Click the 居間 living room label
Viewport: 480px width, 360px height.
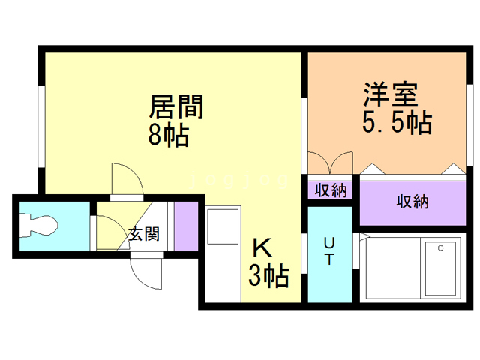pos(176,106)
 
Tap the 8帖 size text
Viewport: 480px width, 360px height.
pos(168,135)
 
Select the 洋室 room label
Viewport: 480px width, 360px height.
pos(391,94)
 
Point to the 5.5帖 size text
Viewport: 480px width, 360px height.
pos(397,121)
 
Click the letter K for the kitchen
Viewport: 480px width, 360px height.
pos(262,247)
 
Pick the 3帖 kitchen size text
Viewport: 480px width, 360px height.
pos(268,275)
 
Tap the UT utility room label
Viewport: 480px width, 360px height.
pos(329,251)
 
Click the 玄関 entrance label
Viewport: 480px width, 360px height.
pos(144,234)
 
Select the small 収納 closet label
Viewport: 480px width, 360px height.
pos(331,190)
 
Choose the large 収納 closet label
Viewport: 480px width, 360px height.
pos(412,202)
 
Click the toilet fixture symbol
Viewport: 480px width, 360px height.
pos(38,226)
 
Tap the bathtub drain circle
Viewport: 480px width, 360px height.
pos(440,248)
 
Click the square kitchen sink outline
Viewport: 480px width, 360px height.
pos(223,226)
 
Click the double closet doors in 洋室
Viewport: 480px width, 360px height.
pos(330,163)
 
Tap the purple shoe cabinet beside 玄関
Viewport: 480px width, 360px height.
pos(186,226)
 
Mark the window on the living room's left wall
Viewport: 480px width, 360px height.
pos(42,127)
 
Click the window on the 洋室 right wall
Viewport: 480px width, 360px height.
pos(469,125)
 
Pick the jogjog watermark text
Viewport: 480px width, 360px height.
pos(239,180)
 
